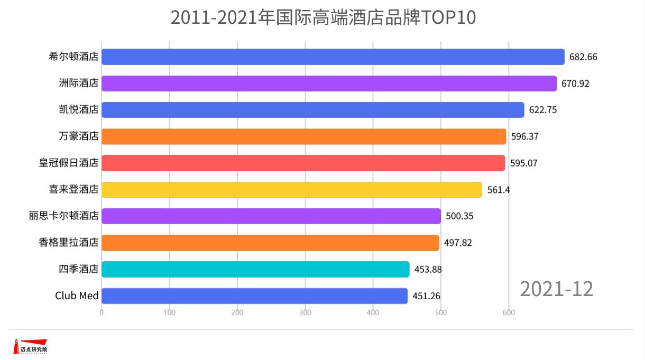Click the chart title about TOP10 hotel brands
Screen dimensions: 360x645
(x=323, y=17)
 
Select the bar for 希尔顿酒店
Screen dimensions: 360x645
(x=333, y=57)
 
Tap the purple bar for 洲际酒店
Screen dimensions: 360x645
(x=329, y=84)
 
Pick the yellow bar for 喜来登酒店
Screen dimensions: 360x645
(x=291, y=189)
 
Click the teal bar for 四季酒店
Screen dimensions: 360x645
(x=255, y=269)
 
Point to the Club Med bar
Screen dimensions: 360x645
(x=254, y=296)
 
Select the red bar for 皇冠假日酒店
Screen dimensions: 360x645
(x=303, y=163)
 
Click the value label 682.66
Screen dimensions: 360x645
(x=583, y=57)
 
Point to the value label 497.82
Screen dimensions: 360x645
(x=458, y=243)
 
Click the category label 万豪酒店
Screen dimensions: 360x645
(x=79, y=136)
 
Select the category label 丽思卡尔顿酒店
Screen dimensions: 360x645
(x=64, y=216)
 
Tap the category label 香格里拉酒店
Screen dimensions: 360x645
(x=69, y=243)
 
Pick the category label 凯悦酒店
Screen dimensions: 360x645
(x=79, y=110)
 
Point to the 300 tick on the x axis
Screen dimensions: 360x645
(x=305, y=312)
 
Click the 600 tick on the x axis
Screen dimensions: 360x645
(x=509, y=312)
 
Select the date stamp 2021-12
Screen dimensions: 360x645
(x=557, y=289)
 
